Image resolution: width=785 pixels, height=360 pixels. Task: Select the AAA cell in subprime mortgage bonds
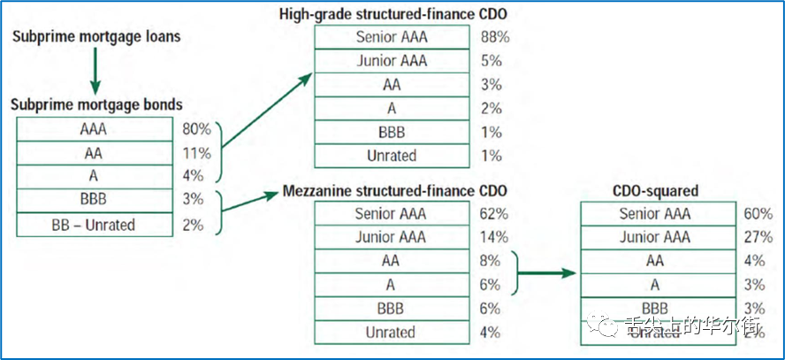(x=93, y=128)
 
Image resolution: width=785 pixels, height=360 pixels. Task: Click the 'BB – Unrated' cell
(x=93, y=225)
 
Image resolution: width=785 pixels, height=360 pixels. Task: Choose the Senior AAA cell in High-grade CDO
(x=391, y=37)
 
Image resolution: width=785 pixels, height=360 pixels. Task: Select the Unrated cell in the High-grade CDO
(x=391, y=156)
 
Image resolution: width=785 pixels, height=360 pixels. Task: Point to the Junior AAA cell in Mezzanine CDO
(x=391, y=237)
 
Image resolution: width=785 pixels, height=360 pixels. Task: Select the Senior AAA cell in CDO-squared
(x=657, y=213)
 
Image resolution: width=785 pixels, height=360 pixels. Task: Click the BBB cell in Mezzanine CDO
(x=391, y=309)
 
